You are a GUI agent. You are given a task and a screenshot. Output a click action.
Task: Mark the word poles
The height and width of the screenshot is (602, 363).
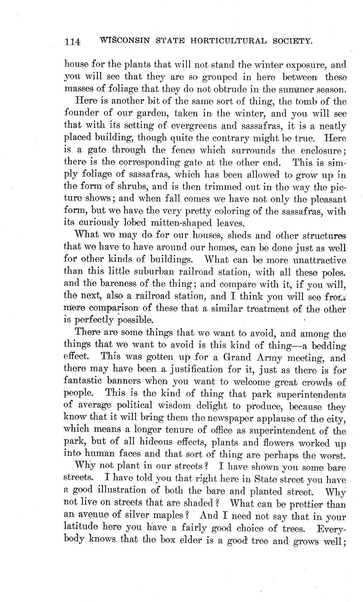point(335,274)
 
